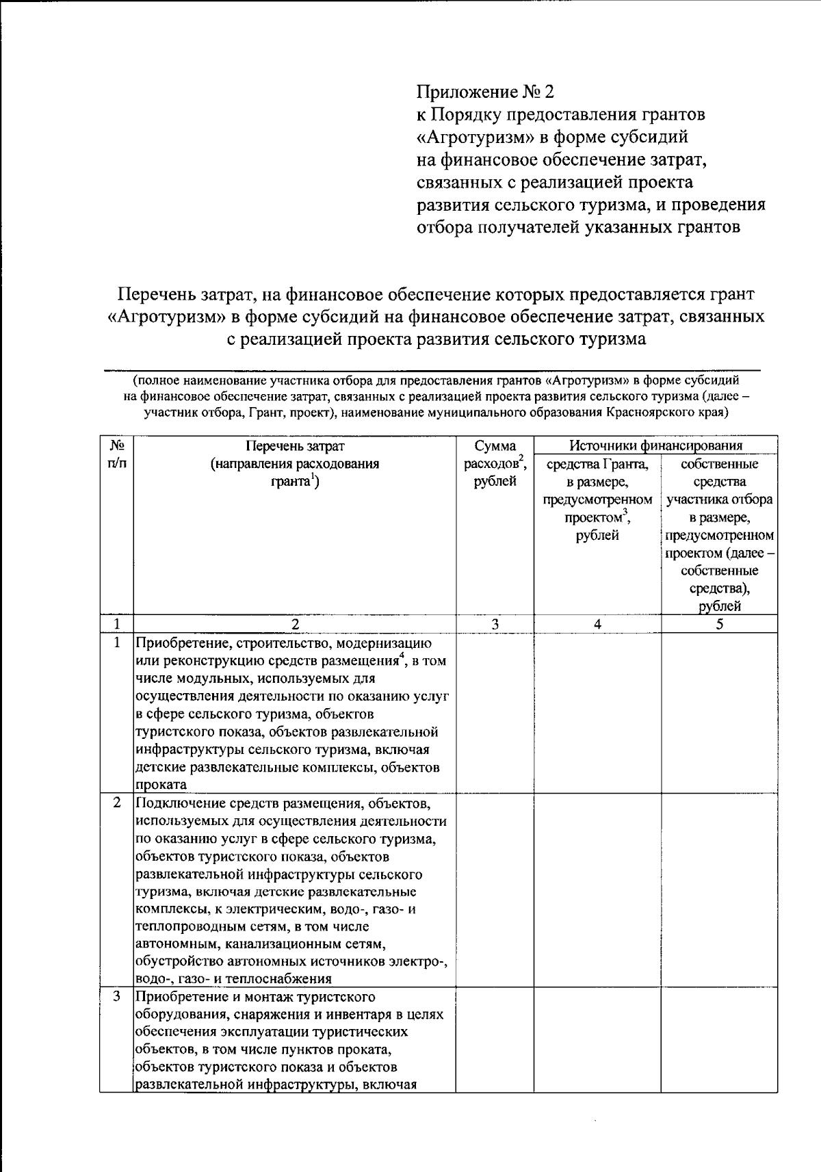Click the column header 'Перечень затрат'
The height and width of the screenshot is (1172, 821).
pyautogui.click(x=295, y=446)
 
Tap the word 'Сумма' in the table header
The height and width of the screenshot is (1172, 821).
pyautogui.click(x=495, y=446)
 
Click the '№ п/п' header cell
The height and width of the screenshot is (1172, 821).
pyautogui.click(x=117, y=454)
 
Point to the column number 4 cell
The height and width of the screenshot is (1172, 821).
pyautogui.click(x=597, y=624)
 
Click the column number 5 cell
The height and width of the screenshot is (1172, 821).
pyautogui.click(x=719, y=624)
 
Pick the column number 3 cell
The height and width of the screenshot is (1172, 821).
pyautogui.click(x=495, y=624)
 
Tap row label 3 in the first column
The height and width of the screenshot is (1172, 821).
pyautogui.click(x=117, y=996)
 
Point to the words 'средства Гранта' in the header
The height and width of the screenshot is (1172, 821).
pyautogui.click(x=597, y=465)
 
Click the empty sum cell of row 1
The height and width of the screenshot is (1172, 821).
pyautogui.click(x=495, y=712)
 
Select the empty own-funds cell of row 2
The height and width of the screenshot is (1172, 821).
pyautogui.click(x=719, y=889)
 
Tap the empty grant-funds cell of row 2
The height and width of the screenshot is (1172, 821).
pyautogui.click(x=597, y=889)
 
